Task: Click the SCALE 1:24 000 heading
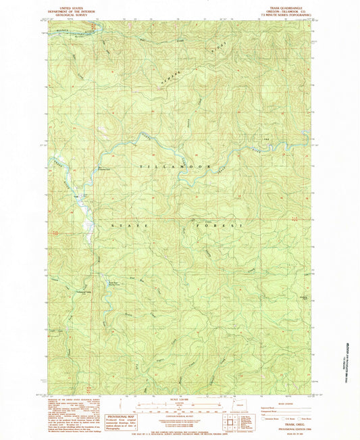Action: click(x=179, y=397)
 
